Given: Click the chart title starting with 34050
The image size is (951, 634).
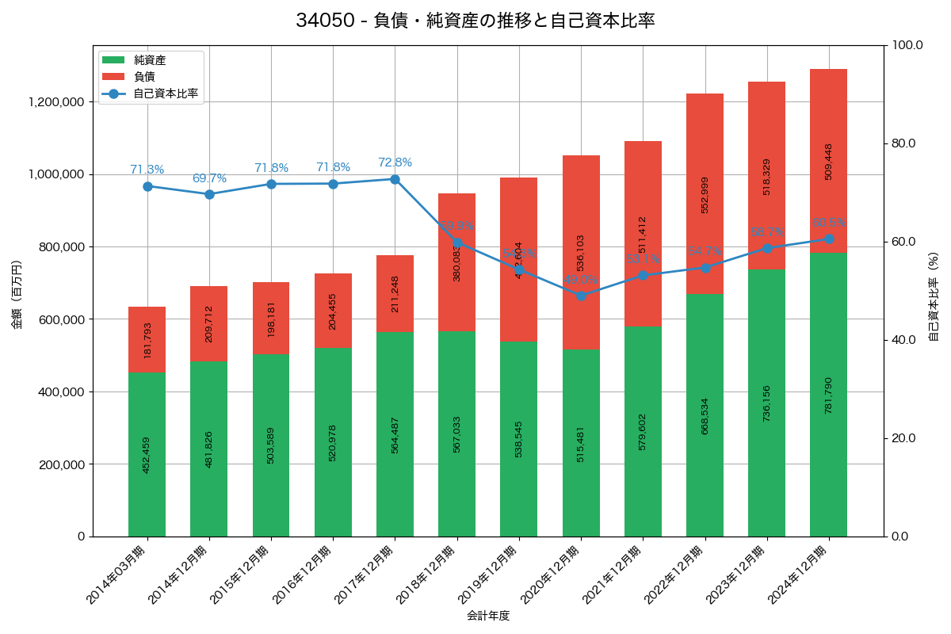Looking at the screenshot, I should coord(475,21).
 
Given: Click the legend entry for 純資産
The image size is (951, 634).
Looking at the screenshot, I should coord(150,59).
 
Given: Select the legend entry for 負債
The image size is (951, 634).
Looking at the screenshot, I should coord(144,76).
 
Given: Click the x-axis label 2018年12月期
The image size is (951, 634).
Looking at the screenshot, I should coord(428,575).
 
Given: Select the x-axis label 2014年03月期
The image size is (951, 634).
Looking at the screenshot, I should coord(118,575).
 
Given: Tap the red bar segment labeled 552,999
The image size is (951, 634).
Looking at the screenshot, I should coord(705,194).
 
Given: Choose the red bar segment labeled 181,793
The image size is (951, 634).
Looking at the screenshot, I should coord(147,339).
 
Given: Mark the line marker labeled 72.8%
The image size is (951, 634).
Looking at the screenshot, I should coord(395,179).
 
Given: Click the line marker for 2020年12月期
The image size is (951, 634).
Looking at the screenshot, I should coord(581,296).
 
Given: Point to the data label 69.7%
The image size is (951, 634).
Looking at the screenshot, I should coord(209,178).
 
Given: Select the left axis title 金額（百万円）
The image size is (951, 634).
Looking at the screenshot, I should coord(17,295).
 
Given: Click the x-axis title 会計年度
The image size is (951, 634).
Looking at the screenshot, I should coord(488,615).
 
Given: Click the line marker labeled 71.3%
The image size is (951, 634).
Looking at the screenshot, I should coord(147,186).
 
